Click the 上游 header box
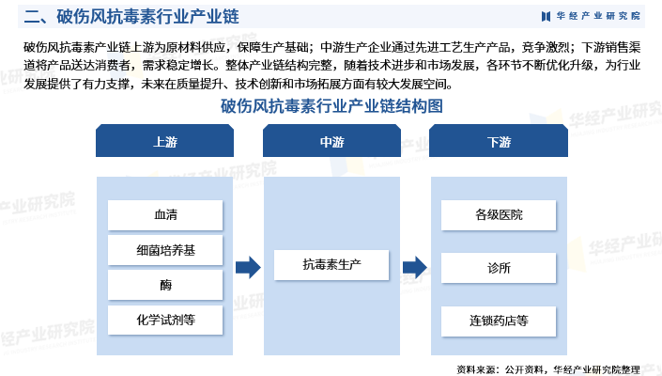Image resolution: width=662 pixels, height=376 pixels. (x=164, y=141)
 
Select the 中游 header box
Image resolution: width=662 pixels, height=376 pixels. (x=331, y=141)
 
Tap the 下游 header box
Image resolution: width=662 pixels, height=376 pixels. (x=499, y=141)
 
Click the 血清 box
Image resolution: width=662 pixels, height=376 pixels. (x=165, y=215)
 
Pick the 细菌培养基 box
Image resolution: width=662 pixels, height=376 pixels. (x=165, y=250)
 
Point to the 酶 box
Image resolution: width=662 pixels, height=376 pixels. (x=165, y=285)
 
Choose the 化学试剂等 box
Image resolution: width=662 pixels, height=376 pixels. (x=165, y=320)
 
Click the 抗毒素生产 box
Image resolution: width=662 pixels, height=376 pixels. (x=331, y=265)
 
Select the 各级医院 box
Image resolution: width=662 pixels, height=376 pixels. (x=499, y=215)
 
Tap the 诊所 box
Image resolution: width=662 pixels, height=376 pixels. (x=499, y=268)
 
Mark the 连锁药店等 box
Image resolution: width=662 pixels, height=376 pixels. (x=499, y=321)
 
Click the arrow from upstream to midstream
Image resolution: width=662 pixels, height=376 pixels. (x=248, y=267)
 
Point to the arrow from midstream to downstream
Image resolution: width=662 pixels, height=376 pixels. (x=415, y=267)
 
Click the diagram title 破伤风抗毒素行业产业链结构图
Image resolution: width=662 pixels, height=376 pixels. (x=331, y=106)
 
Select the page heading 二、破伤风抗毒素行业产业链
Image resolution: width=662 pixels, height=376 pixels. (x=131, y=17)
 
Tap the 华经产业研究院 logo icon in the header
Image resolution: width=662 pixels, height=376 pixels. (x=546, y=16)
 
